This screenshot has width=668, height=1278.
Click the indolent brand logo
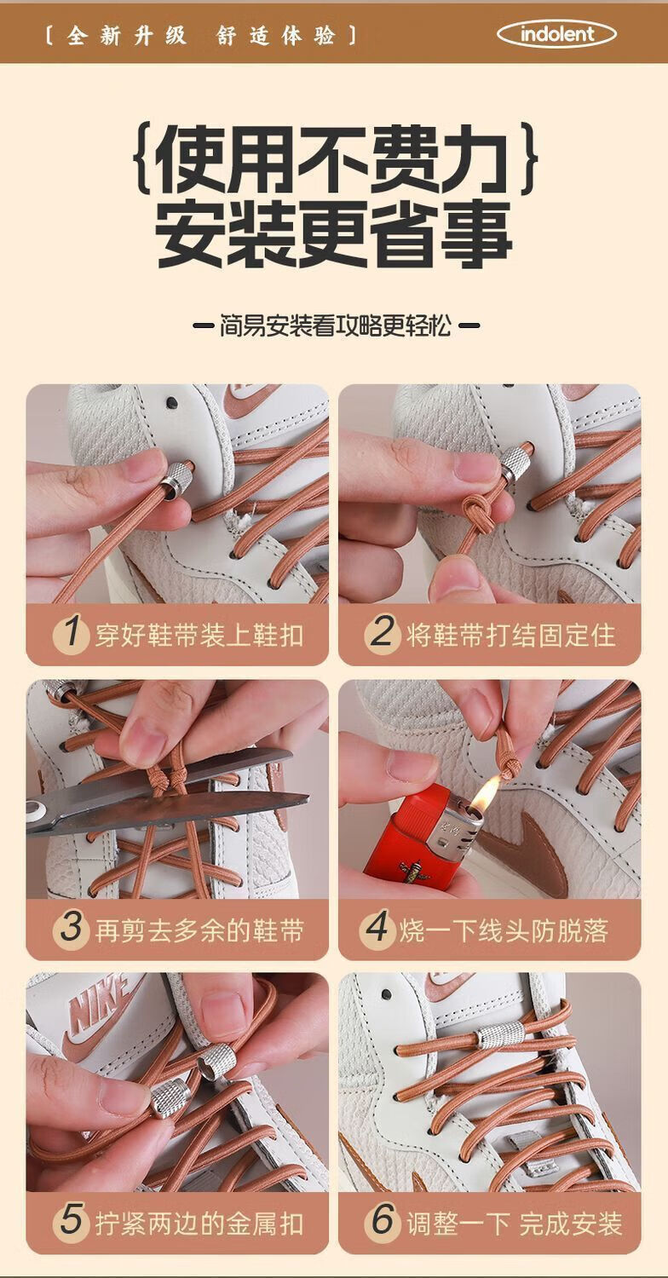point(556,34)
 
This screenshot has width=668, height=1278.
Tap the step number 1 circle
point(72,633)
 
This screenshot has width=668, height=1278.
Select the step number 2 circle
point(383,633)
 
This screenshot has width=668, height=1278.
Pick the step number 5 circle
point(72,1223)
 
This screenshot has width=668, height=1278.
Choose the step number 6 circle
point(383,1223)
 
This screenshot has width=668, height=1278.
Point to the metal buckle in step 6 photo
point(500,1034)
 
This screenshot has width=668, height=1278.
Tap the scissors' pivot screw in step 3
point(36,809)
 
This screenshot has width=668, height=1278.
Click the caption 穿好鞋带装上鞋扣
point(199,635)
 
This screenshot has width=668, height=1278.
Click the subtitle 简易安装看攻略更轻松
point(336,325)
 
